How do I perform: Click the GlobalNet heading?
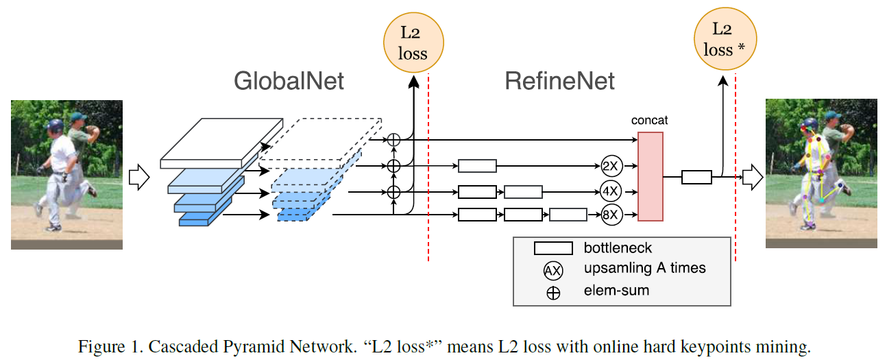tap(289, 82)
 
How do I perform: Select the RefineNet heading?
tap(559, 82)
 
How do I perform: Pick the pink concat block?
tap(650, 176)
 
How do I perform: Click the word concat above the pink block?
tap(649, 121)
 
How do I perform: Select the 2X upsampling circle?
tap(609, 165)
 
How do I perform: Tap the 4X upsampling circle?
tap(609, 191)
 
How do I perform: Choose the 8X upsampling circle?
tap(609, 215)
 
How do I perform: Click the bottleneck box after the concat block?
tap(696, 178)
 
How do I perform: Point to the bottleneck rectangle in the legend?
tap(553, 248)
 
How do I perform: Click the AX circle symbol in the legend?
tap(552, 270)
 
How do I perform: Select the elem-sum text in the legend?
tap(616, 291)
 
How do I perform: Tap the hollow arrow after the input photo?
tap(139, 177)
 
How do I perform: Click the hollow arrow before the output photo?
tap(752, 178)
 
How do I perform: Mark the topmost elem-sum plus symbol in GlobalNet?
tap(393, 139)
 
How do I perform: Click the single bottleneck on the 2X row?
tap(476, 165)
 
